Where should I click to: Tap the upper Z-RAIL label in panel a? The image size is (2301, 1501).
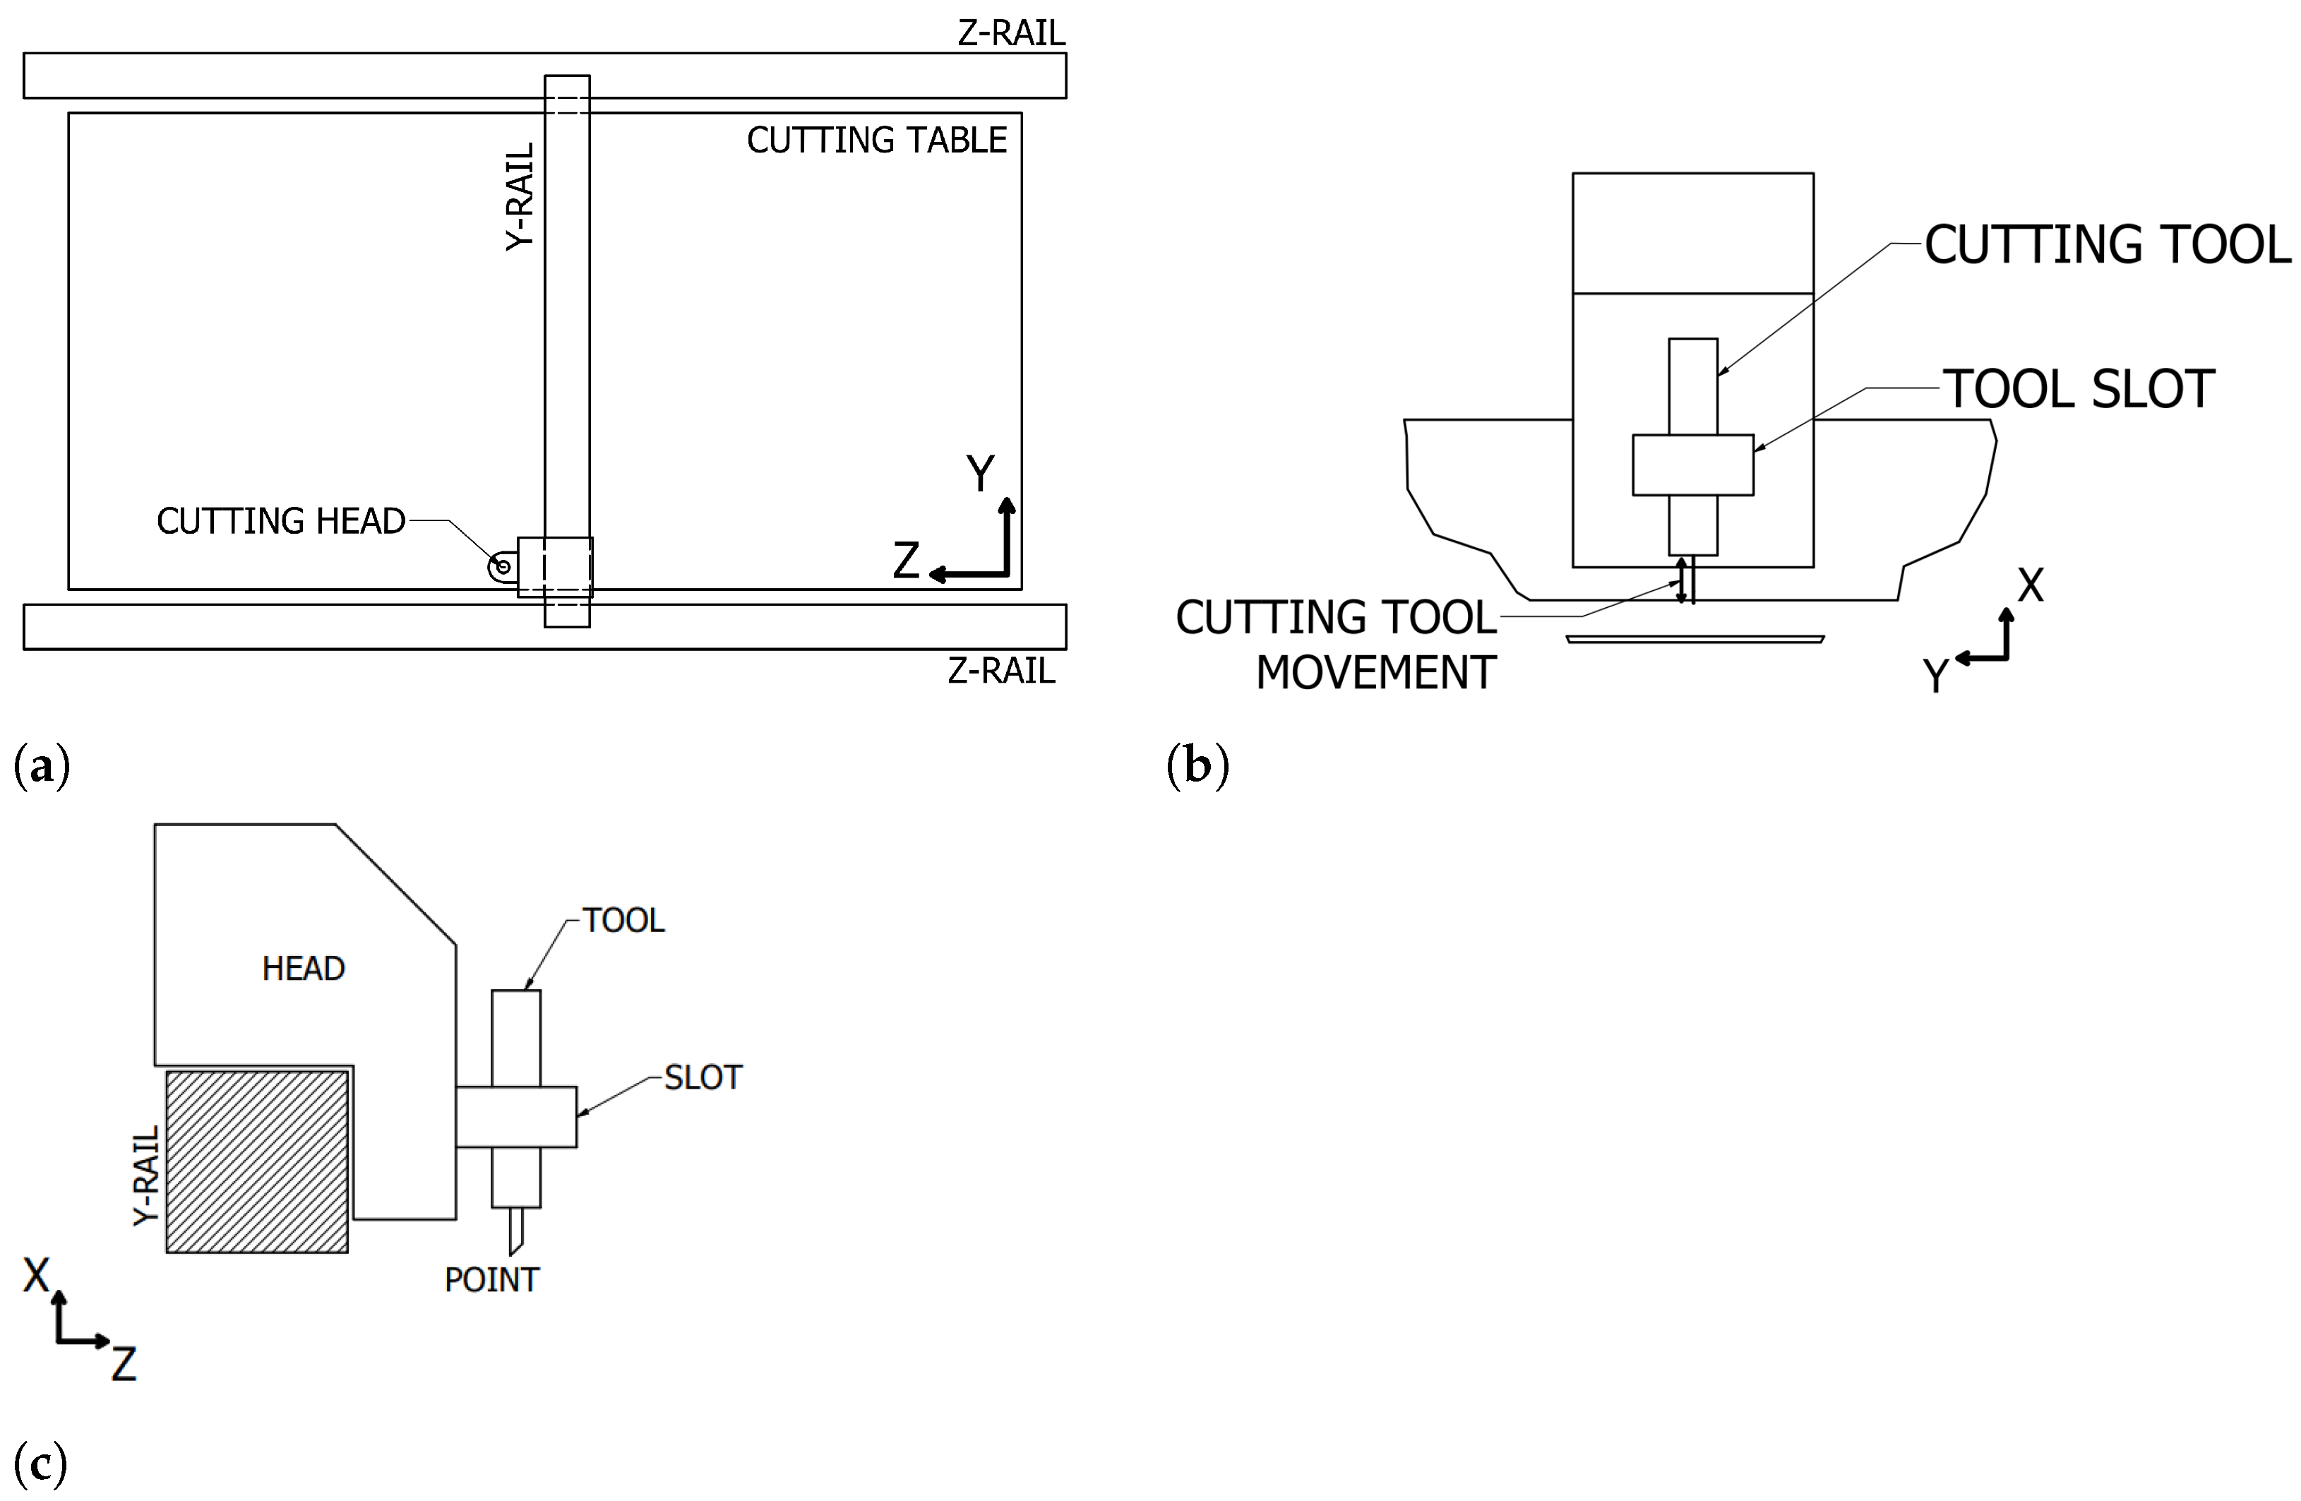1010,33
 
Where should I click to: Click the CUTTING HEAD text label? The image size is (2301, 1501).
280,521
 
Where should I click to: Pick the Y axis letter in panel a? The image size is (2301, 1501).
980,474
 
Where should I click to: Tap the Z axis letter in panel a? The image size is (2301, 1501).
906,561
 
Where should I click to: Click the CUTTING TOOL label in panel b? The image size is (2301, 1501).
2107,244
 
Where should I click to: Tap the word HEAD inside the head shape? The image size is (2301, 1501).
303,969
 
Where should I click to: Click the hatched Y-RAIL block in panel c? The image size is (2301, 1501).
256,1161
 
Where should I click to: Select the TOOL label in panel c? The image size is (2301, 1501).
623,920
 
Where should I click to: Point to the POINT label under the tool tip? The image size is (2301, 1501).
491,1280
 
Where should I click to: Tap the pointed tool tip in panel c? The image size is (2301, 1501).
515,1233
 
